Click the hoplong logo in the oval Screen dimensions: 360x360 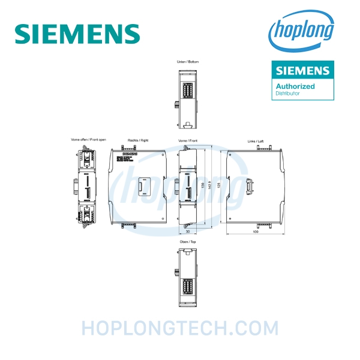coord(302,31)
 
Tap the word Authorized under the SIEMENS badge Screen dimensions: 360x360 coord(295,86)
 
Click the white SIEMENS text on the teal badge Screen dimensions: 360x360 coord(302,71)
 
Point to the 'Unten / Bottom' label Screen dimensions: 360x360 coord(188,61)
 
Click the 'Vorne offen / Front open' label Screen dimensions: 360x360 coord(89,139)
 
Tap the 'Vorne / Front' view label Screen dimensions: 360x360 coord(188,140)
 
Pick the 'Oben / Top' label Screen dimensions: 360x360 coord(188,241)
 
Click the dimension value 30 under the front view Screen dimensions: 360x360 coord(188,231)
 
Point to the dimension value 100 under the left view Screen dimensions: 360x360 coord(256,231)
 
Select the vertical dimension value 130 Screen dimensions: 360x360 coord(202,185)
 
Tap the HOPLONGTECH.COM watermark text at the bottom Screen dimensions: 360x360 coord(180,328)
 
